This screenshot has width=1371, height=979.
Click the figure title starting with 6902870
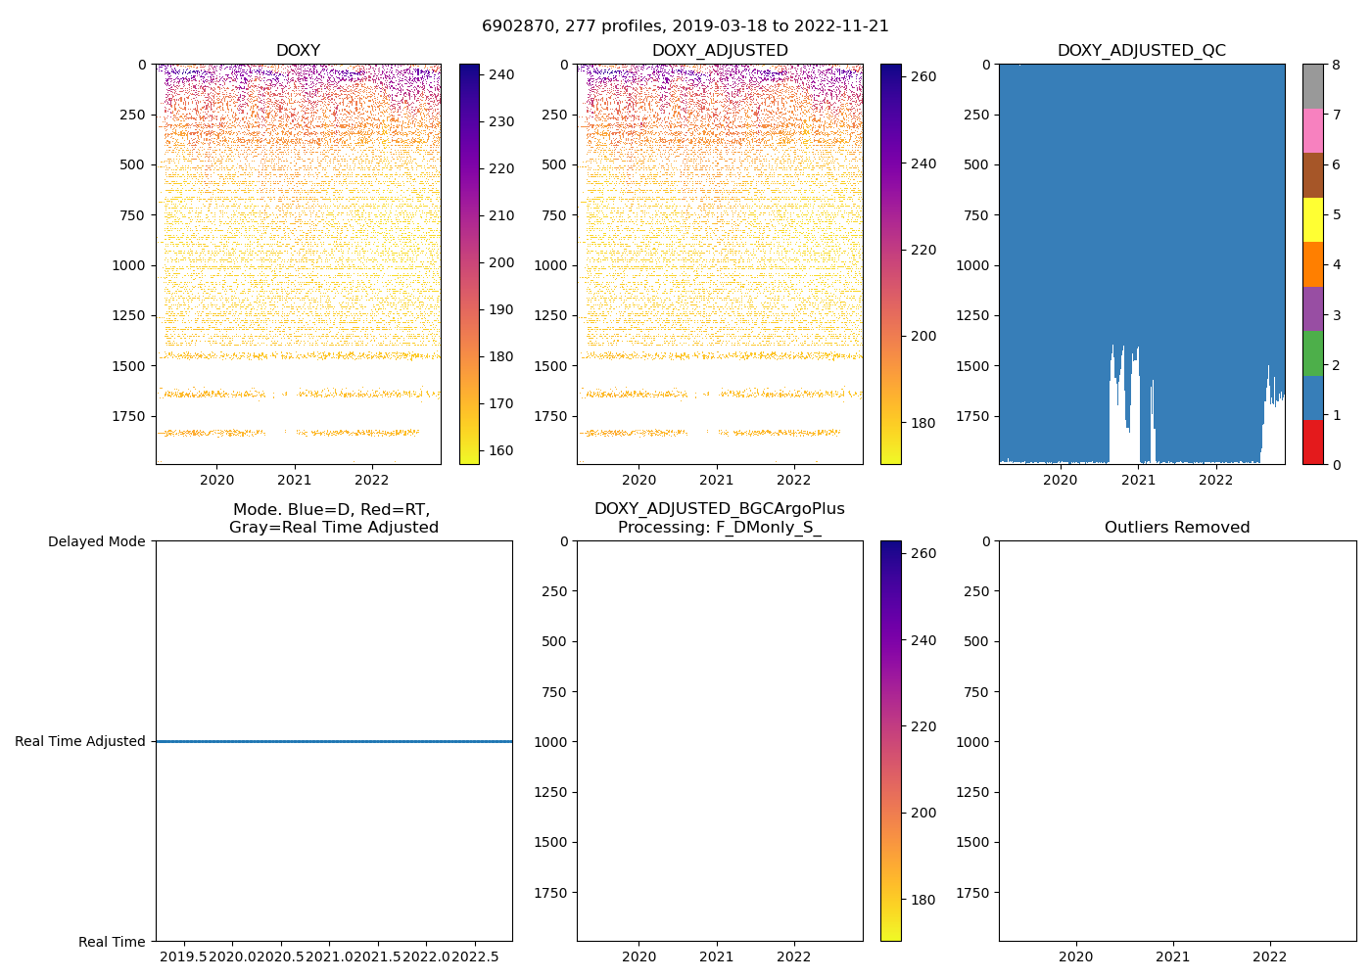point(685,26)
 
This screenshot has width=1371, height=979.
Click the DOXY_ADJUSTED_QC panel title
point(1141,51)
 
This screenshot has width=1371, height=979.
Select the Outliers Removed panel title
point(1176,528)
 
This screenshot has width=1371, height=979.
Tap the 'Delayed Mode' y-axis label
point(96,541)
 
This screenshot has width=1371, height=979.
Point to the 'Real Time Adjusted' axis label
point(80,742)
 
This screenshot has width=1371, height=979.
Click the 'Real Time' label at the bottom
point(112,942)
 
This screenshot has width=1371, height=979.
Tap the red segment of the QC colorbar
point(1312,443)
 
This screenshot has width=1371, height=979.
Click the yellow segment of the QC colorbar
point(1312,219)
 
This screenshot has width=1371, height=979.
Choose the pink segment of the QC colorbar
point(1312,130)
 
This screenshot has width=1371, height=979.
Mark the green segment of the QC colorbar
point(1312,353)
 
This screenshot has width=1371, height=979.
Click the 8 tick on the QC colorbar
point(1337,65)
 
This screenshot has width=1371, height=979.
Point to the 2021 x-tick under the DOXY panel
point(294,480)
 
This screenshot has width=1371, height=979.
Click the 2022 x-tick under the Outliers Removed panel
point(1270,956)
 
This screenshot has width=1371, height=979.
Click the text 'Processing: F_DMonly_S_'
point(719,528)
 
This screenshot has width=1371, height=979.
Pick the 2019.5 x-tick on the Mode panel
point(183,956)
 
